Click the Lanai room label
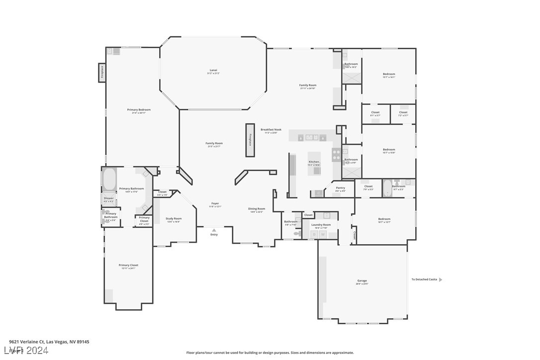[213, 70]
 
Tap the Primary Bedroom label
[139, 109]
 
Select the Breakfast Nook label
[271, 129]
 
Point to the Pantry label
[340, 187]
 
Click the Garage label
[362, 280]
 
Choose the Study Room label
[174, 218]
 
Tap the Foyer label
[215, 203]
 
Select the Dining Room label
[257, 208]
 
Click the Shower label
[108, 198]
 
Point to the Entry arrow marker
[214, 230]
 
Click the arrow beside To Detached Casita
[441, 279]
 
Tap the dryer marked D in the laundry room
[314, 234]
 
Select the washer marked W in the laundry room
[322, 234]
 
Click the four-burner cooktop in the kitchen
[337, 155]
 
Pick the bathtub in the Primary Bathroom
[109, 179]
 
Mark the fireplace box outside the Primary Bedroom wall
[102, 73]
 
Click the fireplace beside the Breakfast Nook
[250, 140]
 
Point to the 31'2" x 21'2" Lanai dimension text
[213, 74]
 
